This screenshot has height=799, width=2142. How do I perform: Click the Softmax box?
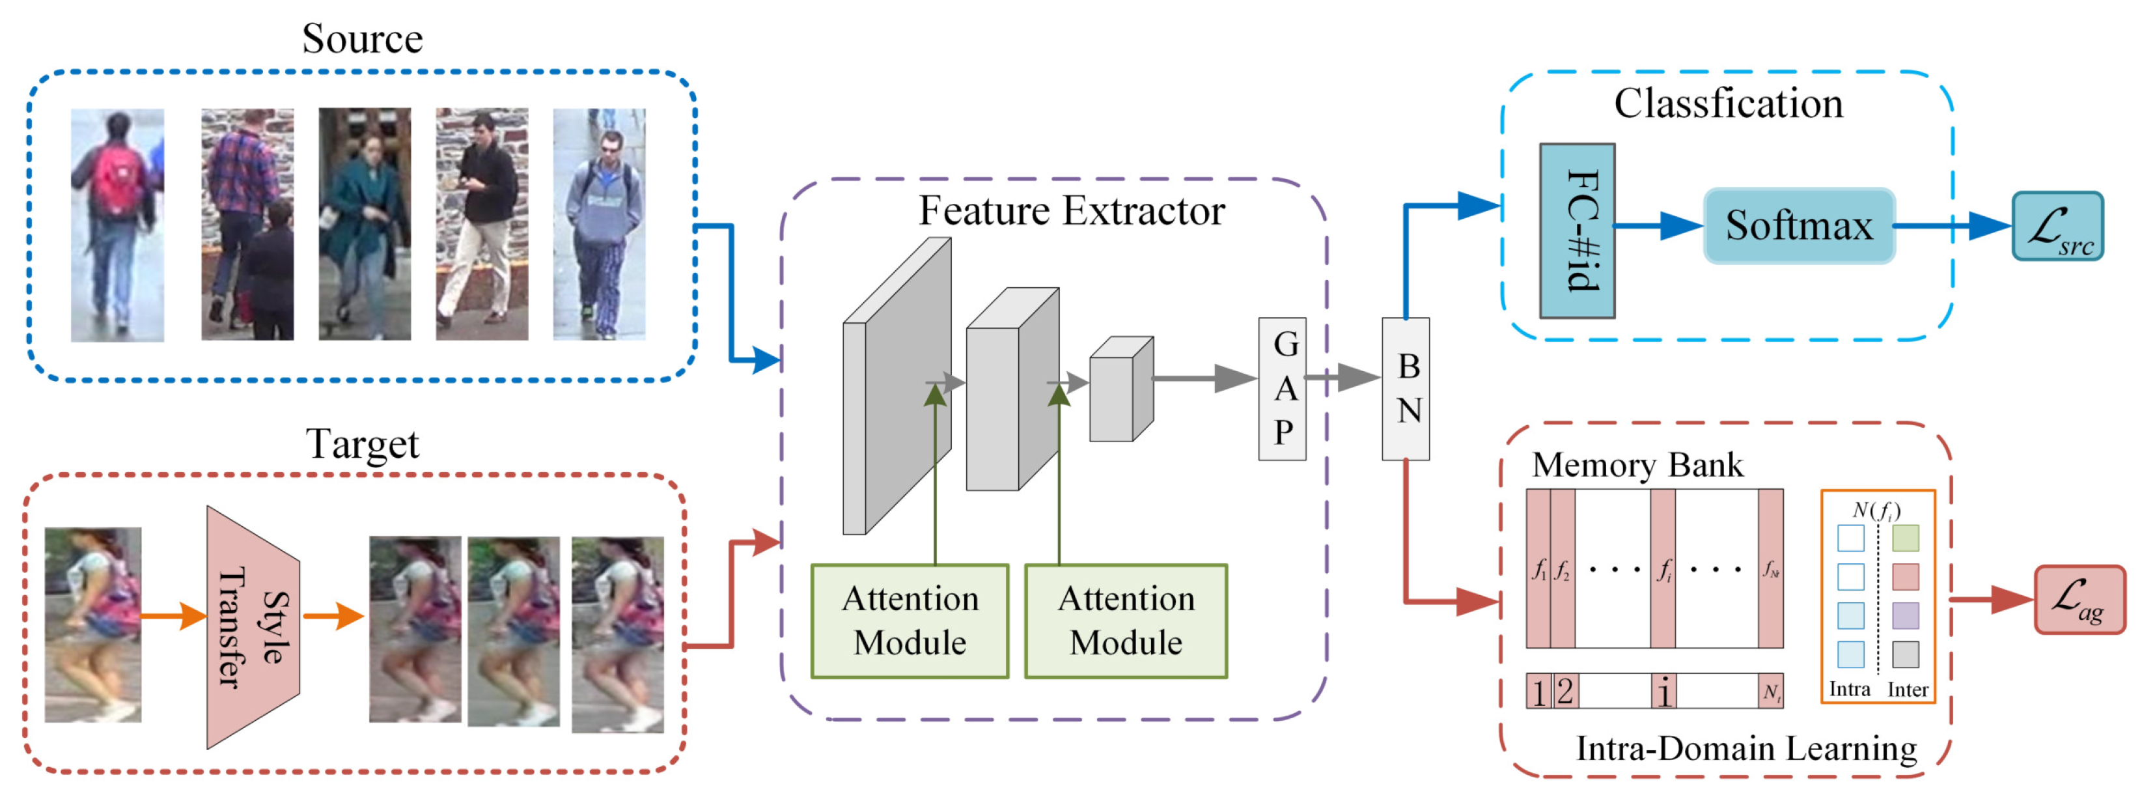coord(1799,226)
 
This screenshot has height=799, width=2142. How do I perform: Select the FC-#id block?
coord(1577,231)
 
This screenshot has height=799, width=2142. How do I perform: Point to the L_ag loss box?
coord(2079,600)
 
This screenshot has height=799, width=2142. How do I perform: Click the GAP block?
coord(1281,388)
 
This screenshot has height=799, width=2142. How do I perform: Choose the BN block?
coord(1405,388)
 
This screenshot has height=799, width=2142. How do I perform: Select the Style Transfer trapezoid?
coord(252,628)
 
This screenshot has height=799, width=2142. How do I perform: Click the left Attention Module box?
coord(910,621)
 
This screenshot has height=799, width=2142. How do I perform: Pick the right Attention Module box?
coord(1125,621)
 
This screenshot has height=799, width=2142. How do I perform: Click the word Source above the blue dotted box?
coord(362,39)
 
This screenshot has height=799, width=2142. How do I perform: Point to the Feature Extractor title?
coord(1071,210)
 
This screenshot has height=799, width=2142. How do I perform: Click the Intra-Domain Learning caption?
coord(1746,748)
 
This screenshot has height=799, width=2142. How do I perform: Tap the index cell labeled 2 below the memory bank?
coord(1564,691)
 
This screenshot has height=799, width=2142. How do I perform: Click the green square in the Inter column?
coord(1905,538)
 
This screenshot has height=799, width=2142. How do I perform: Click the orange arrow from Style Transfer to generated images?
coord(333,616)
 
